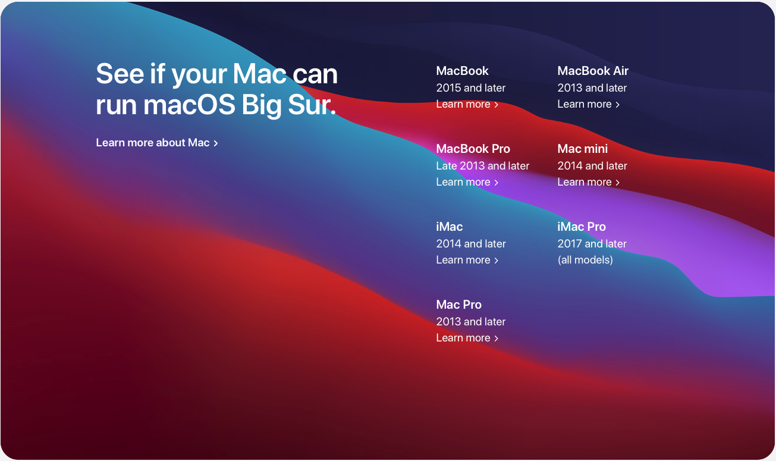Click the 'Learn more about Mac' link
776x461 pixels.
coord(153,143)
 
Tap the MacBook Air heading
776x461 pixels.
coord(593,71)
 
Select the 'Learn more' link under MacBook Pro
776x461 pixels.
coord(467,182)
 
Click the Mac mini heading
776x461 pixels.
coord(583,149)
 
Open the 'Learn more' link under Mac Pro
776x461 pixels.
coord(467,338)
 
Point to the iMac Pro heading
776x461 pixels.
coord(582,227)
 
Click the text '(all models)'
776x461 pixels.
coord(585,260)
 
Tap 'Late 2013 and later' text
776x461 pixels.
coord(482,166)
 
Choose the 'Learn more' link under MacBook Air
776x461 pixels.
coord(588,104)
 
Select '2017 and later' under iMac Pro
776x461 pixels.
coord(592,244)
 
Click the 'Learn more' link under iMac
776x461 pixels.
coord(467,260)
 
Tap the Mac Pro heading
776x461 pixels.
coord(458,305)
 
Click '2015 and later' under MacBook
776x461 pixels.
coord(470,88)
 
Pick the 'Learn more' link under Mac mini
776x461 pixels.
coord(588,182)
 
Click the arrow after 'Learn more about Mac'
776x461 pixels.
coord(216,143)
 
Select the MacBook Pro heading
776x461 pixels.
coord(473,149)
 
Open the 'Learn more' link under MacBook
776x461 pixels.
coord(467,104)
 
